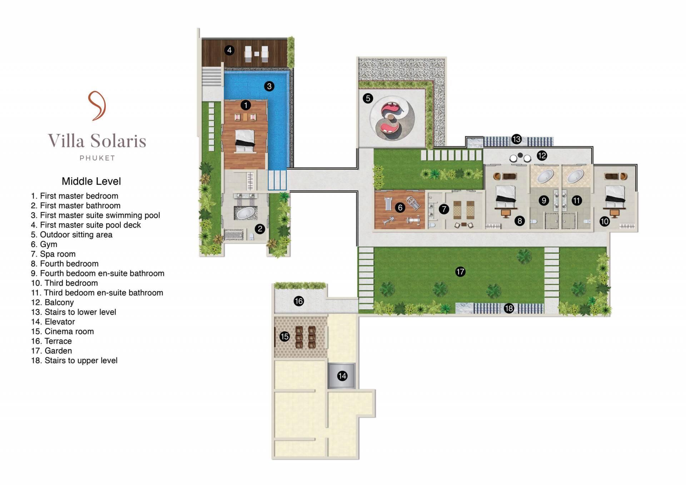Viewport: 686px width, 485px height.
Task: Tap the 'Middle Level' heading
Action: click(91, 181)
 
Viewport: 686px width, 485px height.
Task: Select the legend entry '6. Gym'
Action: click(44, 244)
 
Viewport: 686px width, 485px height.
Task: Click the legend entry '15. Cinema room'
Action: click(63, 331)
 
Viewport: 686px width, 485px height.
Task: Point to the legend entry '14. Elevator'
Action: click(53, 322)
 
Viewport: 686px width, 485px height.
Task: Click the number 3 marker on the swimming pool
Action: click(269, 86)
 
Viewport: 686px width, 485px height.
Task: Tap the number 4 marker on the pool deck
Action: click(229, 50)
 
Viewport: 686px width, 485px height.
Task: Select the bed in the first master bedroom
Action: click(245, 140)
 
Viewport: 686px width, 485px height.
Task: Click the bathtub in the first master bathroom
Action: click(245, 213)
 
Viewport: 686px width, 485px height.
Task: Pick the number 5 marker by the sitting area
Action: click(368, 98)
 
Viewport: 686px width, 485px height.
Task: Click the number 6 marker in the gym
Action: click(400, 207)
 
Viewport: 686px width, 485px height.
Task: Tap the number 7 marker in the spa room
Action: click(444, 209)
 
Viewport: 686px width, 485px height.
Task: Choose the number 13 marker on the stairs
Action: click(516, 139)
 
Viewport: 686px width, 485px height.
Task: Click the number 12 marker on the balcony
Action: click(542, 156)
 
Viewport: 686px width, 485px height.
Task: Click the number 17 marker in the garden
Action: click(460, 272)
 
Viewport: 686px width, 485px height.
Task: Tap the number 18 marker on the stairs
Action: click(509, 308)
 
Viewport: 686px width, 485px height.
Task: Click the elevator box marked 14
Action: click(342, 376)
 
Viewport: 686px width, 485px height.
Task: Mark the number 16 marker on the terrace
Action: click(299, 301)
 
